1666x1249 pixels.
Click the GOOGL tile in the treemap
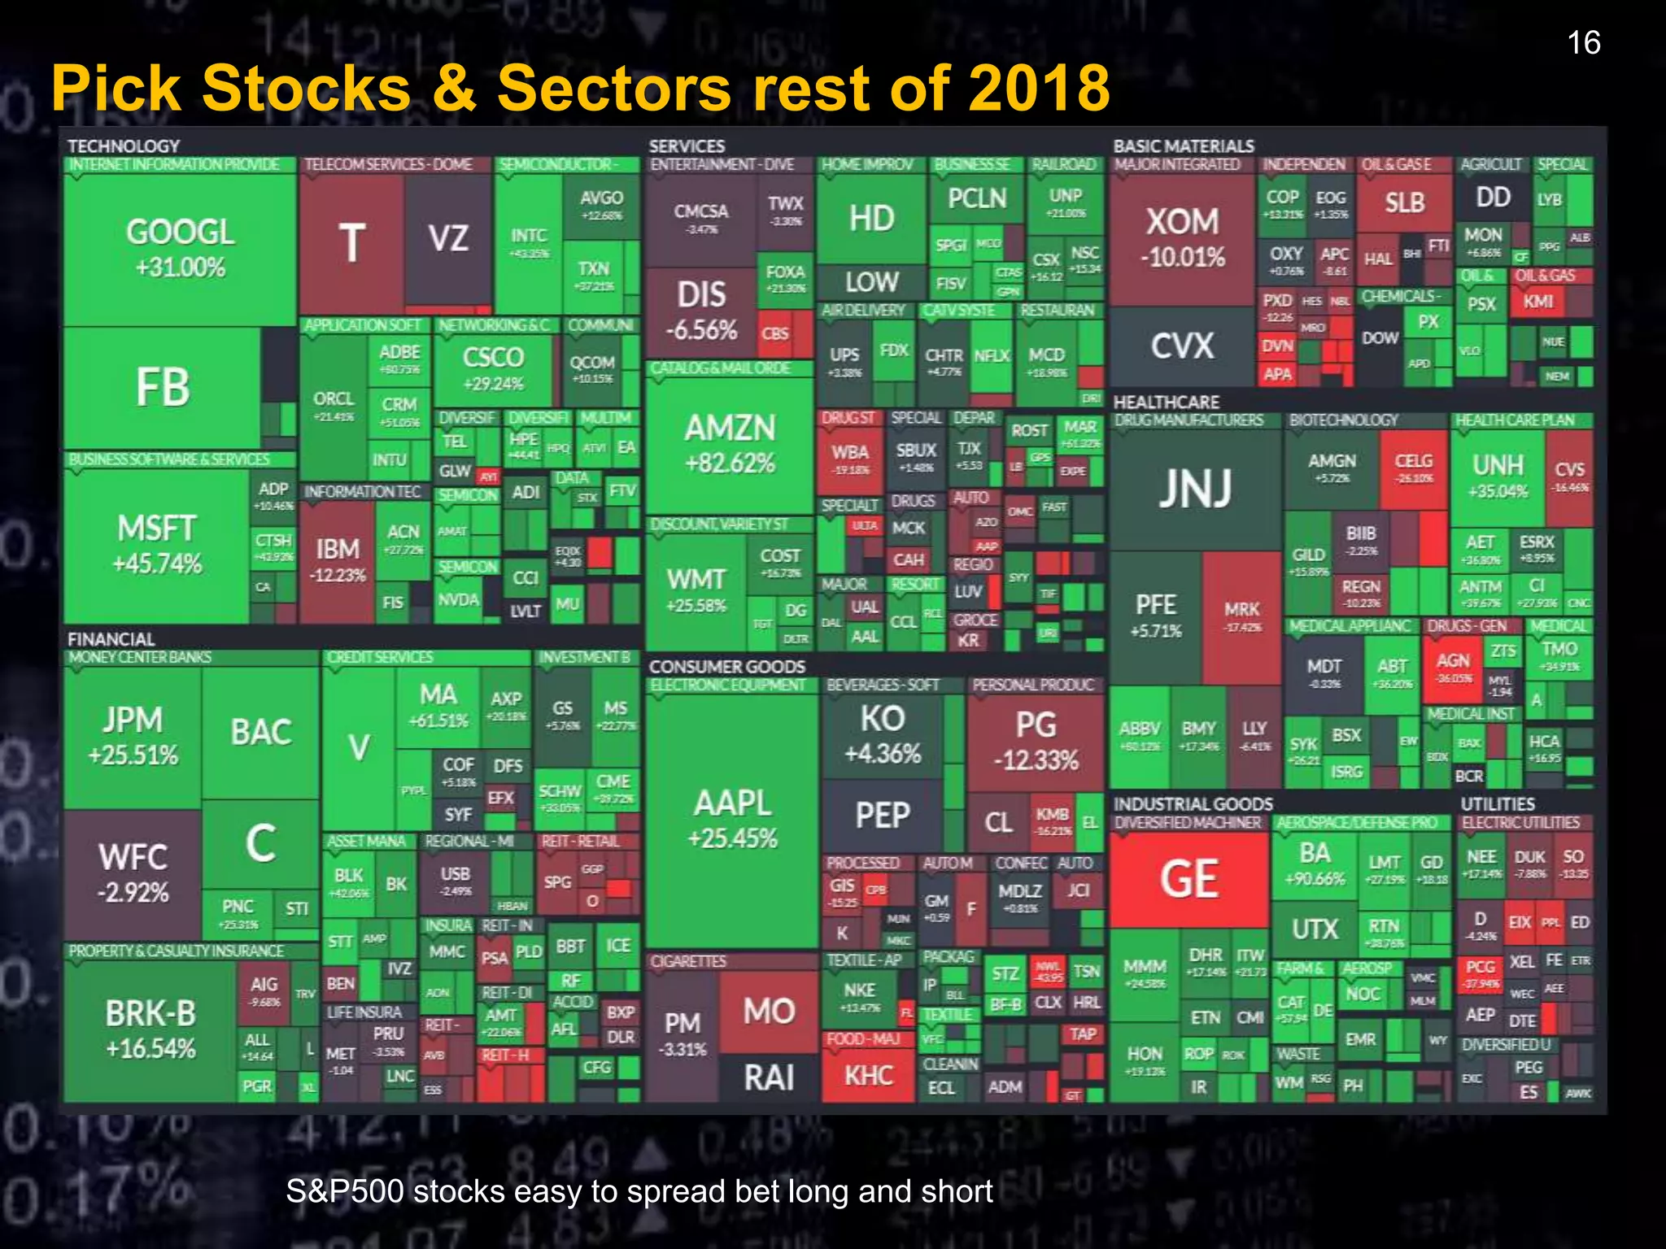tap(180, 248)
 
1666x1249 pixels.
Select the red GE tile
tap(1188, 880)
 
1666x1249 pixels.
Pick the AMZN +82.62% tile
tap(730, 444)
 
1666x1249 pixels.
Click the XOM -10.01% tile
tap(1182, 237)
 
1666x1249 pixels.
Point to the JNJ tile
tap(1195, 488)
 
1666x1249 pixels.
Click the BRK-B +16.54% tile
tap(150, 1029)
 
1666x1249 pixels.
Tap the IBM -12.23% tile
tap(337, 561)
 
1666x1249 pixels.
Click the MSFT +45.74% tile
tap(156, 545)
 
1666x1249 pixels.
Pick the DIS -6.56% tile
tap(700, 311)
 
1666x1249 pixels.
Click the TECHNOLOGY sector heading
tap(124, 146)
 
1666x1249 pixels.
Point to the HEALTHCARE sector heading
tap(1166, 403)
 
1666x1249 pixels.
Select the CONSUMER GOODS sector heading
tap(726, 667)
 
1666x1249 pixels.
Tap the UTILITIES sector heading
tap(1497, 804)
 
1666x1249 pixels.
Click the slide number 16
tap(1583, 43)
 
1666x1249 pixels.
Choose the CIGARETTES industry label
tap(687, 961)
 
